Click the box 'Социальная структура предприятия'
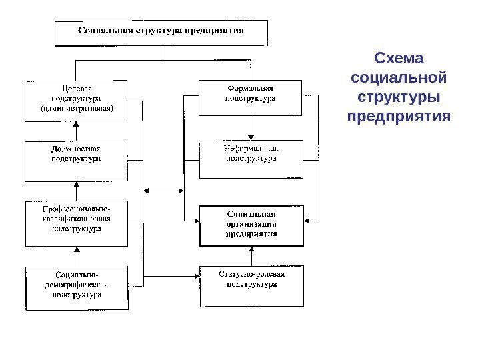coord(161,32)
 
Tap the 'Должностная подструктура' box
coord(77,161)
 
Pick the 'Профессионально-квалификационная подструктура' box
coord(77,223)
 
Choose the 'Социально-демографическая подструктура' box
coord(77,287)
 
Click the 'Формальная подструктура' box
coord(251,97)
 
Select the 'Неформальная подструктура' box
coord(251,159)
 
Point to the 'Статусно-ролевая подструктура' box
coord(251,285)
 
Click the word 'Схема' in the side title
coord(399,55)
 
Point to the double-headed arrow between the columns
coord(163,191)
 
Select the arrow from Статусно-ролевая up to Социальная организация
coord(251,256)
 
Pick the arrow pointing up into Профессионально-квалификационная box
coord(77,256)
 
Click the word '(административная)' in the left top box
coord(77,109)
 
